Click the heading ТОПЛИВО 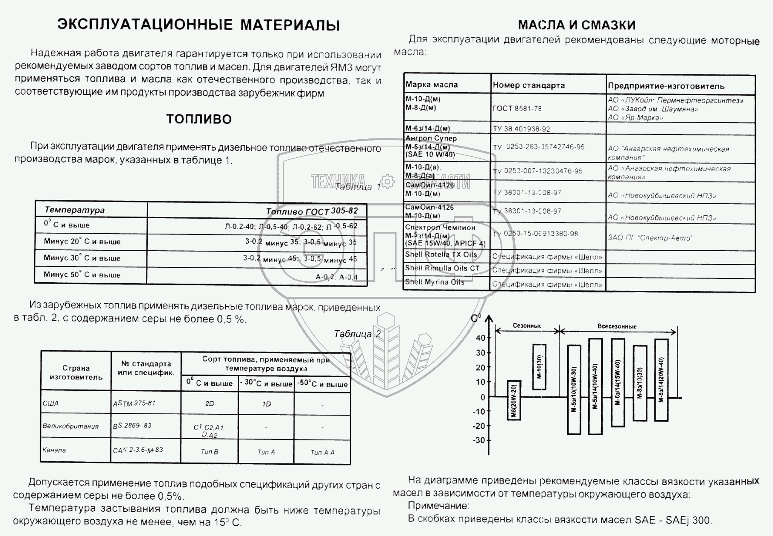click(199, 119)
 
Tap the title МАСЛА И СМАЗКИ click(577, 25)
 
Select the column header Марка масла click(432, 85)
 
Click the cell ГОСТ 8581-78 click(517, 108)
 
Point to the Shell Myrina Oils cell click(435, 282)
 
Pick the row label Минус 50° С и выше click(82, 275)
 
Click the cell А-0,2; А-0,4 click(336, 277)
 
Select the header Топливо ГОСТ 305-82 click(312, 211)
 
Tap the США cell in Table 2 click(50, 403)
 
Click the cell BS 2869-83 click(132, 426)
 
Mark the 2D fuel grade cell click(210, 404)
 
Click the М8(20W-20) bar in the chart click(514, 400)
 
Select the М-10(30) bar click(539, 367)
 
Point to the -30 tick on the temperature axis click(480, 440)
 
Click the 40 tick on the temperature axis click(481, 338)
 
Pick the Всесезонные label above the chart click(617, 326)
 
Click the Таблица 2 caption click(357, 334)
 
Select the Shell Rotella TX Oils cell click(441, 255)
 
